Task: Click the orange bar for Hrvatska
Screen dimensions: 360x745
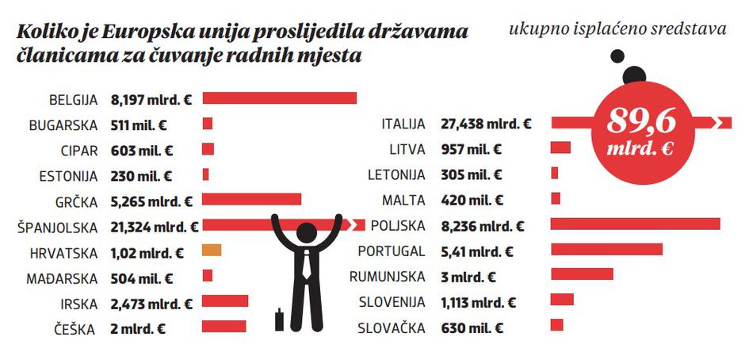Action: pos(211,251)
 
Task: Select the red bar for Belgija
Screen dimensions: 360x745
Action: pos(279,99)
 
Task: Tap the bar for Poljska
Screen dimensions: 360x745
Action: pos(635,224)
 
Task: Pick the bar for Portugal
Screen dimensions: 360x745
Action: pos(606,249)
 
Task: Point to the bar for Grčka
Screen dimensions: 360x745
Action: pos(252,199)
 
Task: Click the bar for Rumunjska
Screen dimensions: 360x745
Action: pos(582,274)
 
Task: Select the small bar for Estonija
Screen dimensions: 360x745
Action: pos(206,174)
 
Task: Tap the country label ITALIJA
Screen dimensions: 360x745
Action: pos(403,124)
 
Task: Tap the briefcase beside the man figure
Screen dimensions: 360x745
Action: pos(278,320)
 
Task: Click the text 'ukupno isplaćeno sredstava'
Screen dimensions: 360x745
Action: pos(617,30)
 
